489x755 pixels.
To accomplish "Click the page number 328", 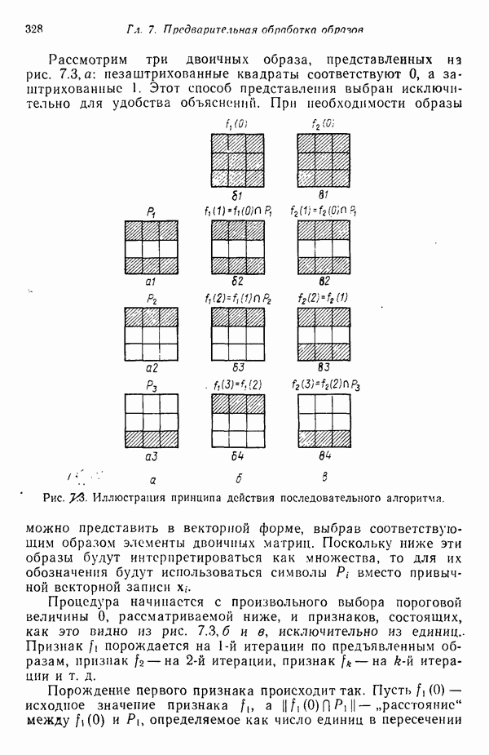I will click(33, 29).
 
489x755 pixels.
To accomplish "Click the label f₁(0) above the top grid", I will click(236, 123).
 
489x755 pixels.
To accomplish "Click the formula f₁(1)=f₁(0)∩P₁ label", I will click(239, 211).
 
